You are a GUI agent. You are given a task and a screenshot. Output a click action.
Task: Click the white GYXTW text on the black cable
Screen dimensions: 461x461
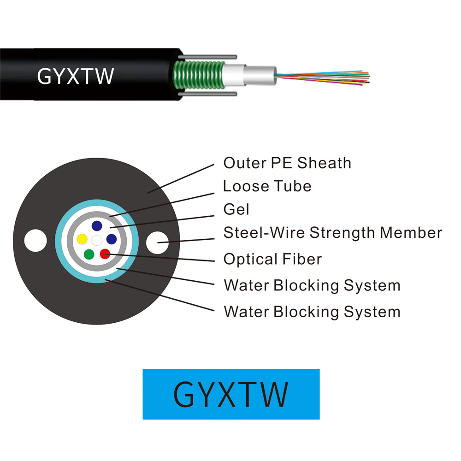[x=76, y=77]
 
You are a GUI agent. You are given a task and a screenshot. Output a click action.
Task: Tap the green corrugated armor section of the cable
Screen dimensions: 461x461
[x=199, y=75]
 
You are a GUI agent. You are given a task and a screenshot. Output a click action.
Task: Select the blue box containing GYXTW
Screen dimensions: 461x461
[x=231, y=394]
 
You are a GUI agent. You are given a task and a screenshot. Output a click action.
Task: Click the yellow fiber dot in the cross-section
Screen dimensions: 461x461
[x=82, y=239]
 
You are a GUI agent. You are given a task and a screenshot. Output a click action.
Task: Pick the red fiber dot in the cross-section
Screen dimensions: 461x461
[x=105, y=254]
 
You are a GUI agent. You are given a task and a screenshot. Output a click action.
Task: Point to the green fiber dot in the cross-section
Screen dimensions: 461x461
[x=89, y=254]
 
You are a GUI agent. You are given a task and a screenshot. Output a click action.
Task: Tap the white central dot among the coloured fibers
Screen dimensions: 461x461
[x=96, y=240]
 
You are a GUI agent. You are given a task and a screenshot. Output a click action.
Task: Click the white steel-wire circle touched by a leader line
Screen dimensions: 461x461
[x=157, y=242]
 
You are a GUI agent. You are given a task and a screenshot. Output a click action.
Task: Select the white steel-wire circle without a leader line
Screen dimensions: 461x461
[x=35, y=241]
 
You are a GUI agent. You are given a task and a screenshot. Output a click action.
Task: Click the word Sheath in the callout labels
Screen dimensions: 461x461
[x=324, y=163]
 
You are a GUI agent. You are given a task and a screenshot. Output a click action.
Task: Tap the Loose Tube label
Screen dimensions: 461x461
[x=267, y=186]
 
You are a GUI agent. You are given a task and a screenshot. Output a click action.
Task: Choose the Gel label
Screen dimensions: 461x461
[x=236, y=209]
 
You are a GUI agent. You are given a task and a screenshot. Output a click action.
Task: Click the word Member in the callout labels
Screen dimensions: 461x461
[x=411, y=232]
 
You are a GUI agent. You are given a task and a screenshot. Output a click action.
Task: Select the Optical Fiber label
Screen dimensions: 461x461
[x=272, y=259]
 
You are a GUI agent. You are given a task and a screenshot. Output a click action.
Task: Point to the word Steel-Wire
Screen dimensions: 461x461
[x=264, y=232]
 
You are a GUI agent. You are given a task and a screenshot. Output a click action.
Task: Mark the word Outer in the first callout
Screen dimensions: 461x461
[x=245, y=163]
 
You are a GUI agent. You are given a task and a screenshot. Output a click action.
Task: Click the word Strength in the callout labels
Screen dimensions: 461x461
[x=342, y=233]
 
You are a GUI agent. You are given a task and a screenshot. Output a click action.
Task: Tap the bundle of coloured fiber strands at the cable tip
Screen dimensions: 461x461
[x=322, y=77]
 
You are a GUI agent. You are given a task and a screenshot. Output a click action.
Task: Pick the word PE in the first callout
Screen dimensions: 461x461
[x=281, y=163]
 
